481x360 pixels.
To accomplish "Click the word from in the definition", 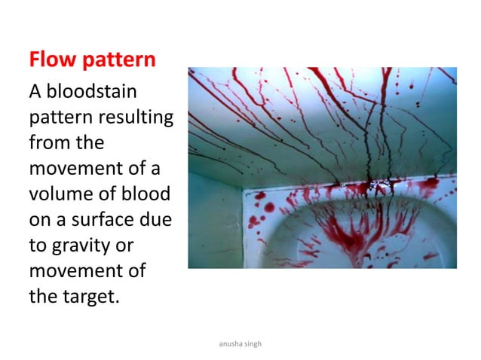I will (x=47, y=143).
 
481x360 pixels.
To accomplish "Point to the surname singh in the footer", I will (x=261, y=344).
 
